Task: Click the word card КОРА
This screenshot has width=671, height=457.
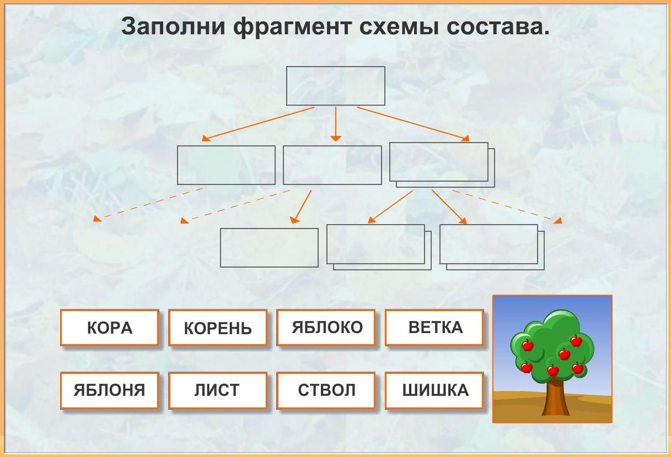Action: tap(109, 328)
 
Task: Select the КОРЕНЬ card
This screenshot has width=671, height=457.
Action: tap(218, 328)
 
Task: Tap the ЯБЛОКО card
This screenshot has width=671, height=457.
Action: tap(326, 328)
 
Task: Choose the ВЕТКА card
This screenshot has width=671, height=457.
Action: tap(434, 328)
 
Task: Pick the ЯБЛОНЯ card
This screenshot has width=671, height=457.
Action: tap(109, 390)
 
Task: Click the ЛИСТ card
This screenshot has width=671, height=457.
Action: tap(218, 390)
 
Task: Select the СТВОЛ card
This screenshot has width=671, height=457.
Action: tap(326, 390)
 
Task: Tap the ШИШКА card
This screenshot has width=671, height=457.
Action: tap(434, 390)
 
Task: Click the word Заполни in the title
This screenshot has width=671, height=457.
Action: tap(173, 26)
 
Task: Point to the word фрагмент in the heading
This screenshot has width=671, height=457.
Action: tap(292, 27)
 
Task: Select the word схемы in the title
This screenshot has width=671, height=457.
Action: tap(399, 27)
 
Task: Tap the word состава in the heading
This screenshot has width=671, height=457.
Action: tap(498, 27)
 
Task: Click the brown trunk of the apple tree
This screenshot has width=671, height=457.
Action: tap(556, 398)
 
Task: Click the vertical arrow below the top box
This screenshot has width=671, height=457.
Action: tap(335, 124)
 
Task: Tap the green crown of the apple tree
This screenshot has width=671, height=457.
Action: tap(552, 344)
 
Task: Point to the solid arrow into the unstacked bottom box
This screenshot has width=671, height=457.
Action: tap(301, 207)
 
